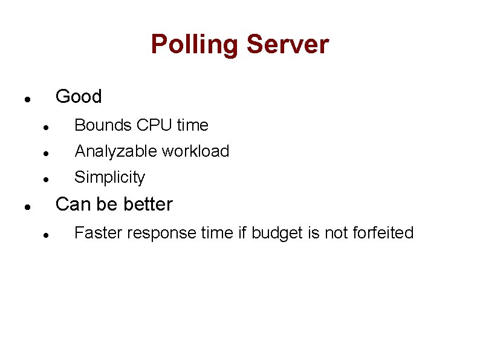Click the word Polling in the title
[x=194, y=45]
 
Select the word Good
[x=79, y=97]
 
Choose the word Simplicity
[x=109, y=178]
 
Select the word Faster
[x=96, y=233]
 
